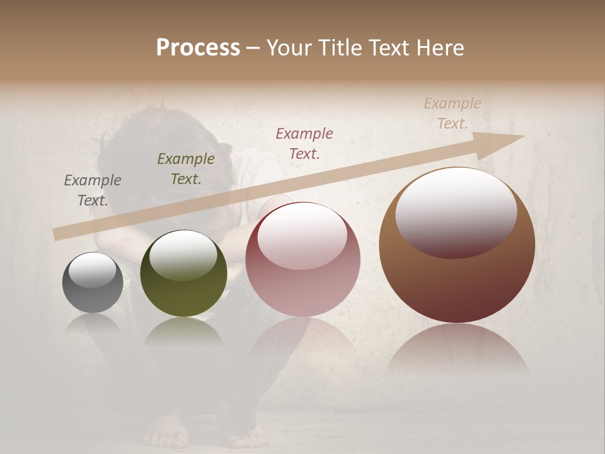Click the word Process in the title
pyautogui.click(x=198, y=48)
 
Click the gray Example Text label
pyautogui.click(x=93, y=190)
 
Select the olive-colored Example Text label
pyautogui.click(x=185, y=169)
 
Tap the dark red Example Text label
pyautogui.click(x=304, y=143)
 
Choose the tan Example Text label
pyautogui.click(x=452, y=113)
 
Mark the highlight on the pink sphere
pyautogui.click(x=302, y=235)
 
